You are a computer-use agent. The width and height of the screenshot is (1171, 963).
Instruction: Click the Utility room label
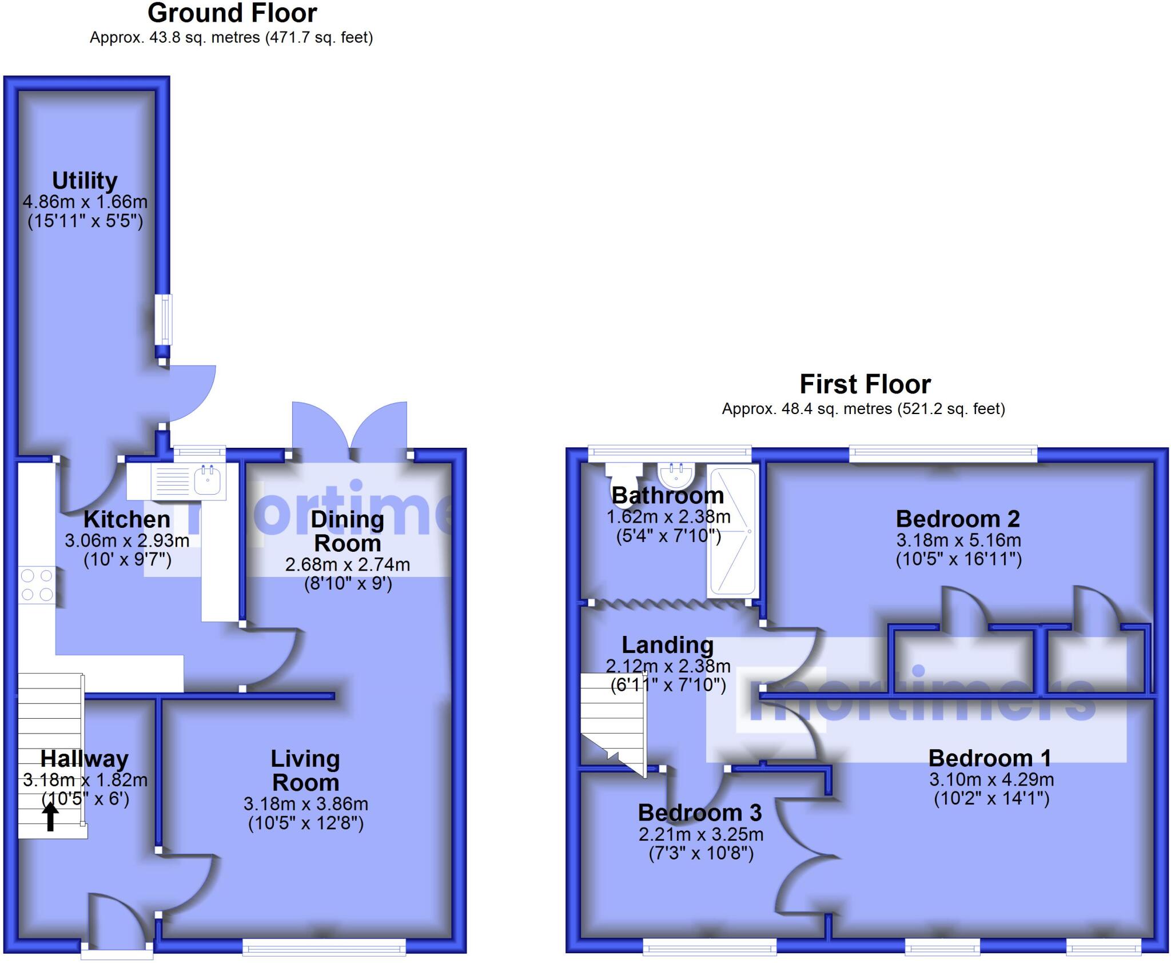[85, 181]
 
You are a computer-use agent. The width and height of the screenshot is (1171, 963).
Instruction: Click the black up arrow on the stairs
[50, 817]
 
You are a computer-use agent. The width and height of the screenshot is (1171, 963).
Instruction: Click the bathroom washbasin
[676, 473]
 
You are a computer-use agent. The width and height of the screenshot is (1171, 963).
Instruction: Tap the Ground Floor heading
[232, 13]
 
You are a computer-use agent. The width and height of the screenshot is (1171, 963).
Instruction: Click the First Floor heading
[865, 384]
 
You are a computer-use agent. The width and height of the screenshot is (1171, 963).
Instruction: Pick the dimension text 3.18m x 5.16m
[958, 540]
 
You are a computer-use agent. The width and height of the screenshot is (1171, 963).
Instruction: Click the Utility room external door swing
[192, 395]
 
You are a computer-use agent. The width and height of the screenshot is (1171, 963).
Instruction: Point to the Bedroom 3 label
[700, 813]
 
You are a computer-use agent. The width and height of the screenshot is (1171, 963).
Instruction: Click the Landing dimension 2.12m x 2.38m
[668, 666]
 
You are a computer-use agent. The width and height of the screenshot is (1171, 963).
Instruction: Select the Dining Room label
[347, 531]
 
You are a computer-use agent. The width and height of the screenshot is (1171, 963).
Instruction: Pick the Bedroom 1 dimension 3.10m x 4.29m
[991, 779]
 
